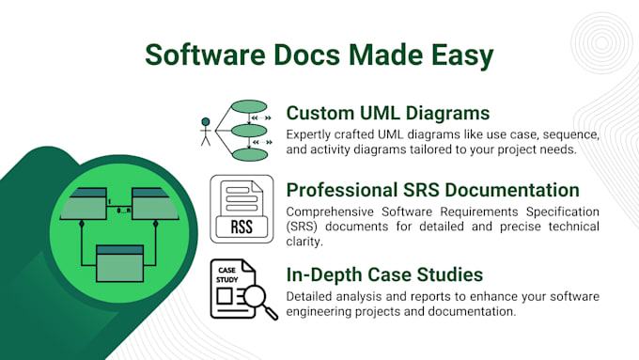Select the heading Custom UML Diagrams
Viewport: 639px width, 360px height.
(x=388, y=113)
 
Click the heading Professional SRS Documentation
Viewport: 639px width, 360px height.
(x=432, y=190)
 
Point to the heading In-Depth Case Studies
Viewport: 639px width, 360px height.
(x=385, y=274)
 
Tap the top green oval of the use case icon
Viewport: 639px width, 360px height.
(x=249, y=106)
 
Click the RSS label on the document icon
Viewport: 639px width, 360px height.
(x=242, y=226)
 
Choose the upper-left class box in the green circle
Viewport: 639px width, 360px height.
(x=83, y=203)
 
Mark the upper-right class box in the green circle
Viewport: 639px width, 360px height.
(x=155, y=203)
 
